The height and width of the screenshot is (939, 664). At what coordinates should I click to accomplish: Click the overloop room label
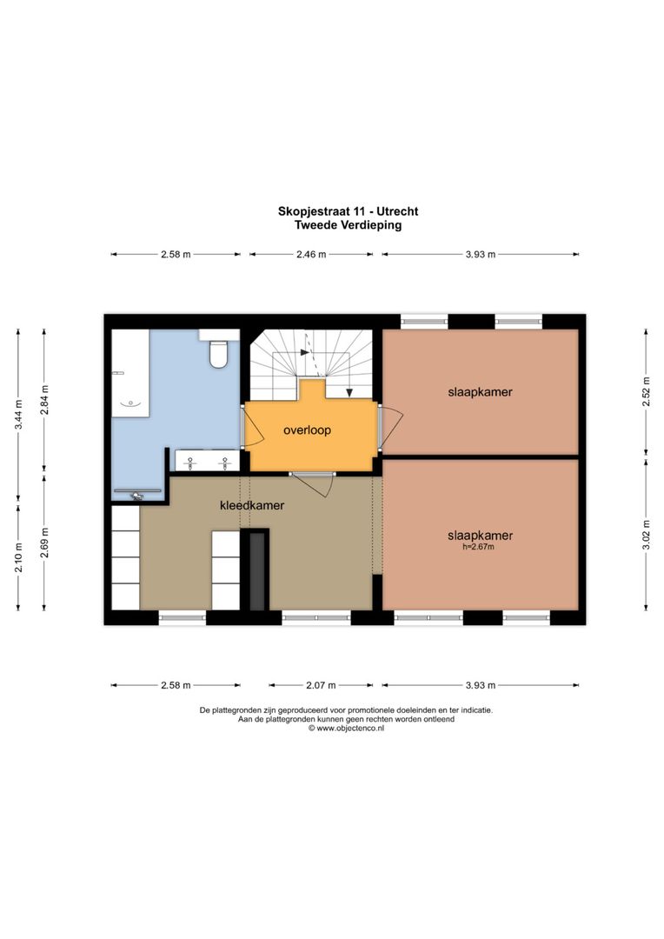pyautogui.click(x=307, y=430)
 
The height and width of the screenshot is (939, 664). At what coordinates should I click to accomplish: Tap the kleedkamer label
pyautogui.click(x=252, y=504)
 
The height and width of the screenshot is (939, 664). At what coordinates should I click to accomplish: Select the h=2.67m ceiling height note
pyautogui.click(x=481, y=547)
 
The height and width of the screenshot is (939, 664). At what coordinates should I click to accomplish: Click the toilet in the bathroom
pyautogui.click(x=217, y=353)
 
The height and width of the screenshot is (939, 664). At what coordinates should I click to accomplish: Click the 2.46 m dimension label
pyautogui.click(x=310, y=255)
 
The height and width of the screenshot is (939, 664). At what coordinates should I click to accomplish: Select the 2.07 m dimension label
pyautogui.click(x=319, y=685)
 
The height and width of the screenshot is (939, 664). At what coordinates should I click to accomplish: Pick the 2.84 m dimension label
pyautogui.click(x=45, y=401)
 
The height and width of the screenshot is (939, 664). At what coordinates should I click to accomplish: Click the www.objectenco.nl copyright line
pyautogui.click(x=346, y=729)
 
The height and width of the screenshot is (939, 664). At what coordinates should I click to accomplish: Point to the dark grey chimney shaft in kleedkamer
pyautogui.click(x=257, y=571)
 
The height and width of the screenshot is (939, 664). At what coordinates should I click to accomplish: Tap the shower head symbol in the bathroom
pyautogui.click(x=136, y=496)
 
